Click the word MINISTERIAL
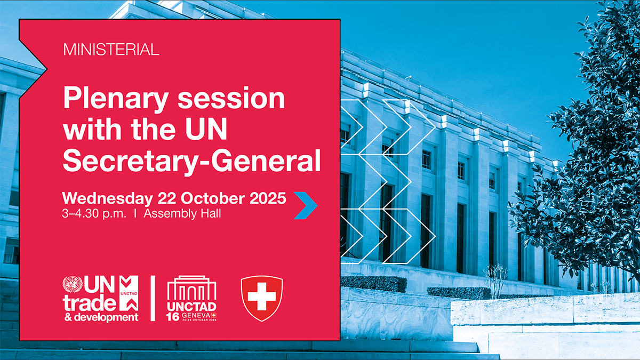pos(111,51)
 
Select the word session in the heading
pos(232,100)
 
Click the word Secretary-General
pos(191,160)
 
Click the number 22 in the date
pos(168,198)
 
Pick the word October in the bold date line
pos(215,198)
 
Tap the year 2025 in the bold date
pos(269,198)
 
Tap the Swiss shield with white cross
pos(261,298)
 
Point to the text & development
pos(100,317)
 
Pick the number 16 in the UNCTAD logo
pos(172,317)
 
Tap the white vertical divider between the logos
pos(154,299)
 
